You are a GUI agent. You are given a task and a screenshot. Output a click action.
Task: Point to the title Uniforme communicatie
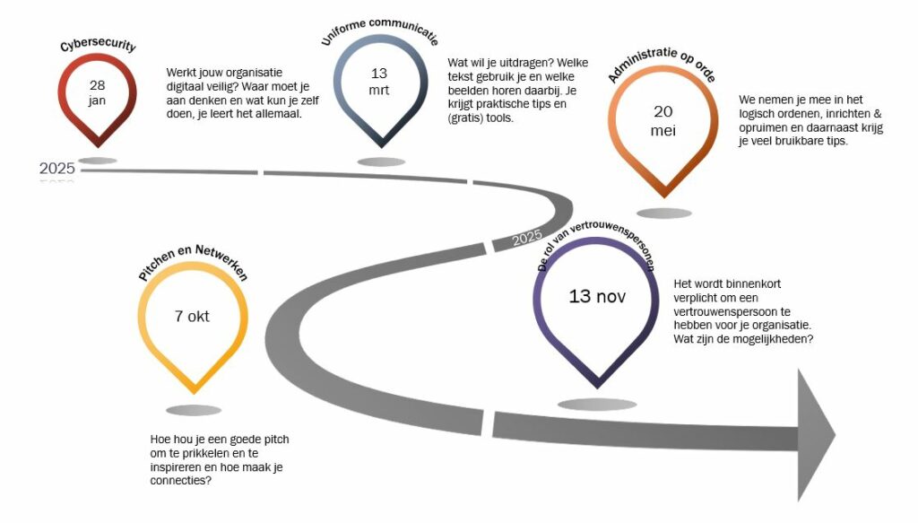coord(380,30)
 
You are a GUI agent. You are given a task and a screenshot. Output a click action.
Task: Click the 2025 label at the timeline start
coord(56,169)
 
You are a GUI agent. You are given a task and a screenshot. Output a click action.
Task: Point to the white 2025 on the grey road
coord(527,238)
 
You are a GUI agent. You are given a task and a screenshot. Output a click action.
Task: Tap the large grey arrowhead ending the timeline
coord(816,435)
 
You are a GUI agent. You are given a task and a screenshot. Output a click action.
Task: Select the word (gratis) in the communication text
coord(466,118)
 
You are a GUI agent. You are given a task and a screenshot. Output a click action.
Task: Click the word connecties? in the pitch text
coord(181,481)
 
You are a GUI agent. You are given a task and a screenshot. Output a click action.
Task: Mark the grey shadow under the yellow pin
coord(194,411)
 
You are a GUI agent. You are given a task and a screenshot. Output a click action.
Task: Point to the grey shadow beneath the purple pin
coord(596,404)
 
